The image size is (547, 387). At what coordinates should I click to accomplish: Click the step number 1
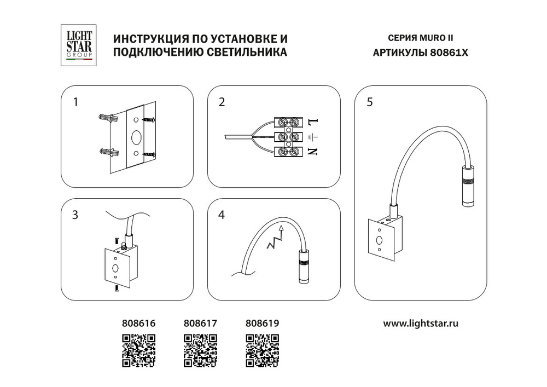click(x=76, y=102)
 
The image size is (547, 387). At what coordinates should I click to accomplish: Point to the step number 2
click(x=222, y=102)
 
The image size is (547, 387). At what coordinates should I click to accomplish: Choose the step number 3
click(x=75, y=215)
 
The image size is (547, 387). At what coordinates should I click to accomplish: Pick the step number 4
click(x=222, y=215)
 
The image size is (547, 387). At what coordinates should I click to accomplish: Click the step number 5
click(x=370, y=102)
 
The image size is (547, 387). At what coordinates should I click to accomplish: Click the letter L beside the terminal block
click(x=313, y=121)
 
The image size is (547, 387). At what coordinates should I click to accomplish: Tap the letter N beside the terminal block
click(x=313, y=152)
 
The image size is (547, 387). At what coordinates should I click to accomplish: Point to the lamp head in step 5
click(x=467, y=186)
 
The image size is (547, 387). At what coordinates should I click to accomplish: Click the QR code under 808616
click(x=137, y=350)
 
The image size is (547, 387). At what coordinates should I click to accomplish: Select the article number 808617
click(x=200, y=324)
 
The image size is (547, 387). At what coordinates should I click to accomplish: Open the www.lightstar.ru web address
click(x=420, y=323)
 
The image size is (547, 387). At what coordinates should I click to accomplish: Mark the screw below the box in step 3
click(x=117, y=289)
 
